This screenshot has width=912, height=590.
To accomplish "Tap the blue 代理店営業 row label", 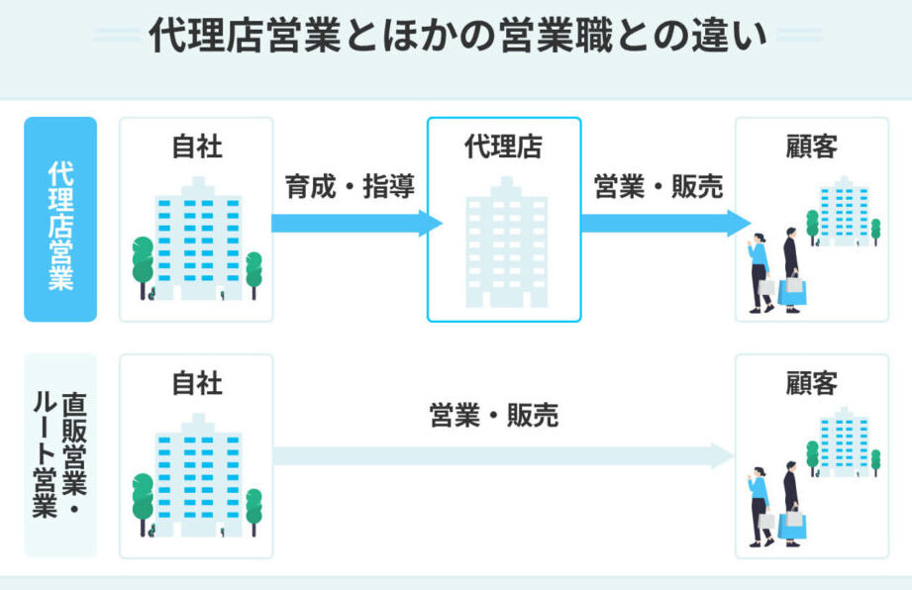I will tap(60, 219).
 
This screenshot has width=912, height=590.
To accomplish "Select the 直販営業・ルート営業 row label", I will tap(60, 455).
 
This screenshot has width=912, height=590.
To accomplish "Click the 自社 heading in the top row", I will tap(196, 147).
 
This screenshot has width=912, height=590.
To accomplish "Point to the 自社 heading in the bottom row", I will tap(196, 383).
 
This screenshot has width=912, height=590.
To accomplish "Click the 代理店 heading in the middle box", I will tap(504, 147).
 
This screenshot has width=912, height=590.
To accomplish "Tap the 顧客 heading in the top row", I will tap(811, 147).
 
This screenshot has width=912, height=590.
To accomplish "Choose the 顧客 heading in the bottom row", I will tap(811, 383).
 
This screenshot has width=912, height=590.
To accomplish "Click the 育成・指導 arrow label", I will tap(350, 186).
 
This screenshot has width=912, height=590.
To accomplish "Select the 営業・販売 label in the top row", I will tap(658, 186).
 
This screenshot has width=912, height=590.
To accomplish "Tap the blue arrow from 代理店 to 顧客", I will tap(663, 223).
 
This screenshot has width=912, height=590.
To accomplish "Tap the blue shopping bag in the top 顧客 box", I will tap(792, 292).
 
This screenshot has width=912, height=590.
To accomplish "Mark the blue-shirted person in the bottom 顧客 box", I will tap(759, 500).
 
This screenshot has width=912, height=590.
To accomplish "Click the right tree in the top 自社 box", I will tap(253, 271).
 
